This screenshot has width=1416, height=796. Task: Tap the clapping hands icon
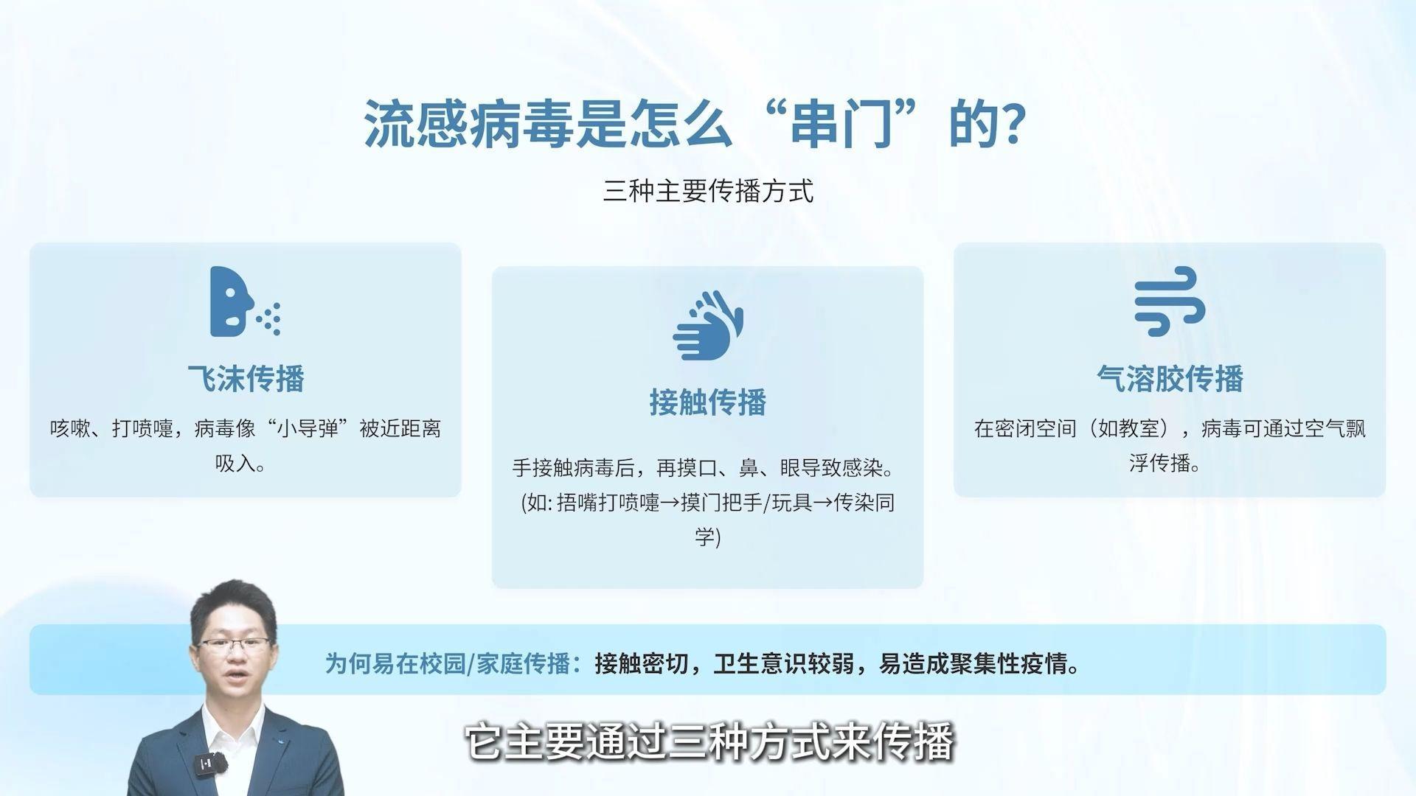point(708,325)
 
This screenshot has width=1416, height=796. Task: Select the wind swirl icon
point(1170,301)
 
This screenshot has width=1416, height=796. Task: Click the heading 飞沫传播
point(246,378)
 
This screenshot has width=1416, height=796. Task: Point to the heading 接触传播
point(708,402)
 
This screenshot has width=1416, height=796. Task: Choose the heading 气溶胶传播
point(1170,378)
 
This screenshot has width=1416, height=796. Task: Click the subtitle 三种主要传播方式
point(708,191)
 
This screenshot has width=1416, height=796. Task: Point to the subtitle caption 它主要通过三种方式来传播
point(708,742)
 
